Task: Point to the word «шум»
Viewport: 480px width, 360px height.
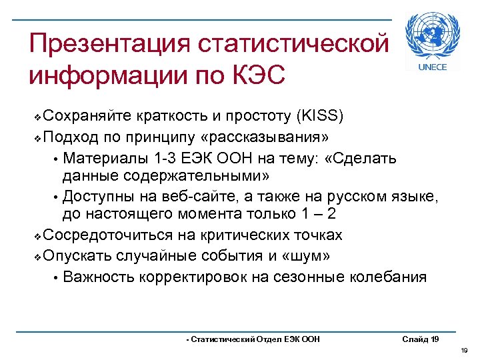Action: [312, 256]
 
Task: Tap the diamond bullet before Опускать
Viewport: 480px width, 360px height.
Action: [37, 257]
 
